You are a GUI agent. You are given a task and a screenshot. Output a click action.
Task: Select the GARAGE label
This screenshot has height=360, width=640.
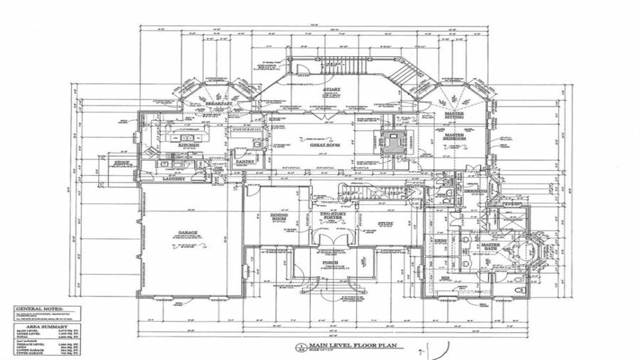(188, 233)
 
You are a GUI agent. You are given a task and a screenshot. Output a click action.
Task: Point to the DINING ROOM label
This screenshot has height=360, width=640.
(278, 216)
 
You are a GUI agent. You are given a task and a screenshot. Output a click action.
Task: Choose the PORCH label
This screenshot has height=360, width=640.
(330, 262)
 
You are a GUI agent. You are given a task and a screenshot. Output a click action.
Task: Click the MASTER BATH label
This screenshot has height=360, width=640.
(491, 246)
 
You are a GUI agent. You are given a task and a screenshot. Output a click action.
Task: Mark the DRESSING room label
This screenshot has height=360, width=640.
(474, 191)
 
